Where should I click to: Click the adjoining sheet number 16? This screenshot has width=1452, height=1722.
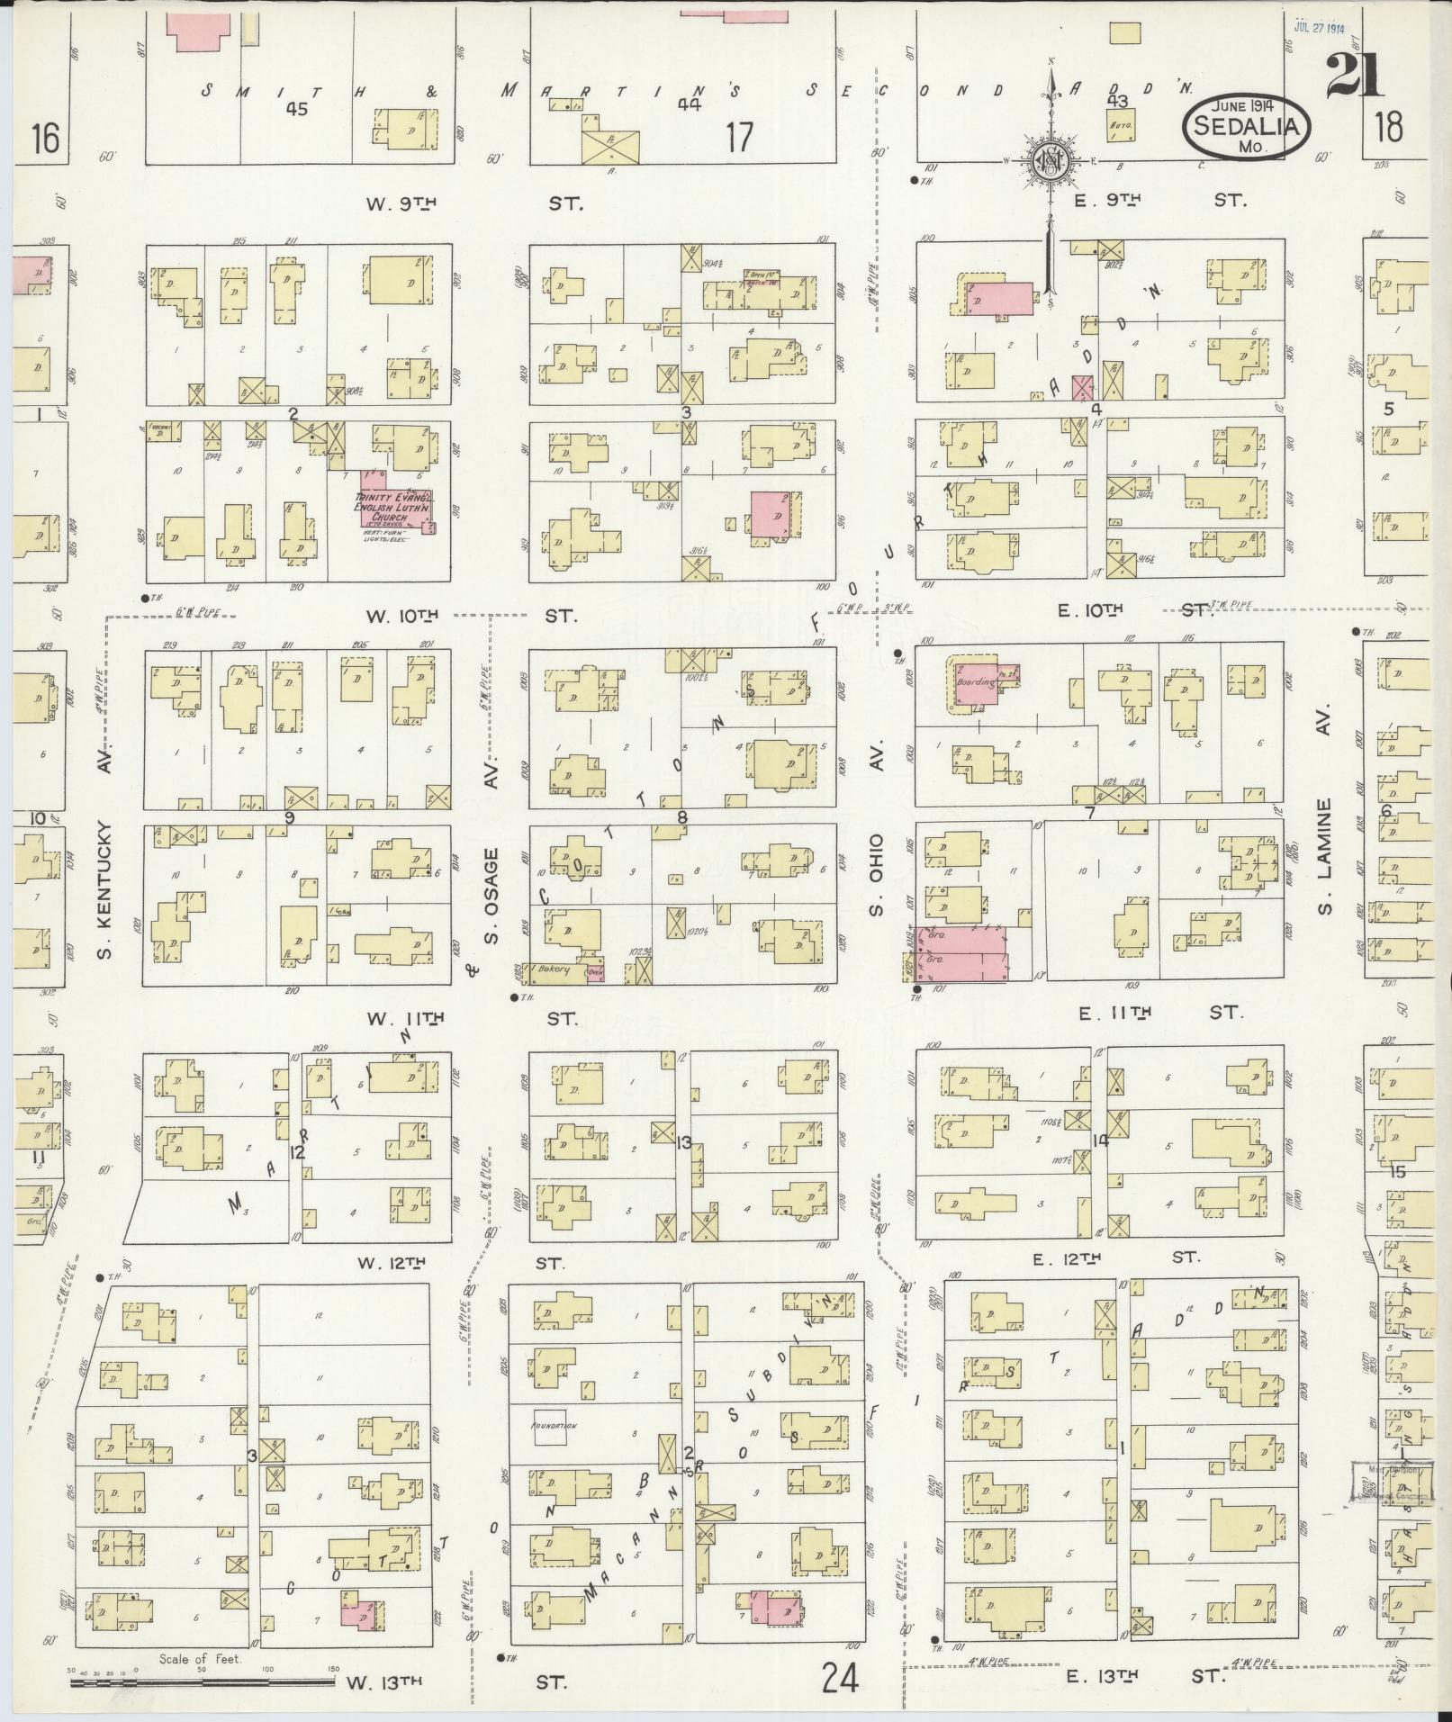(x=44, y=140)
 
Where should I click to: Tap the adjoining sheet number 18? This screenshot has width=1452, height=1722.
(x=1389, y=127)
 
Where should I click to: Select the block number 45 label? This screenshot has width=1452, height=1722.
(x=294, y=109)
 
